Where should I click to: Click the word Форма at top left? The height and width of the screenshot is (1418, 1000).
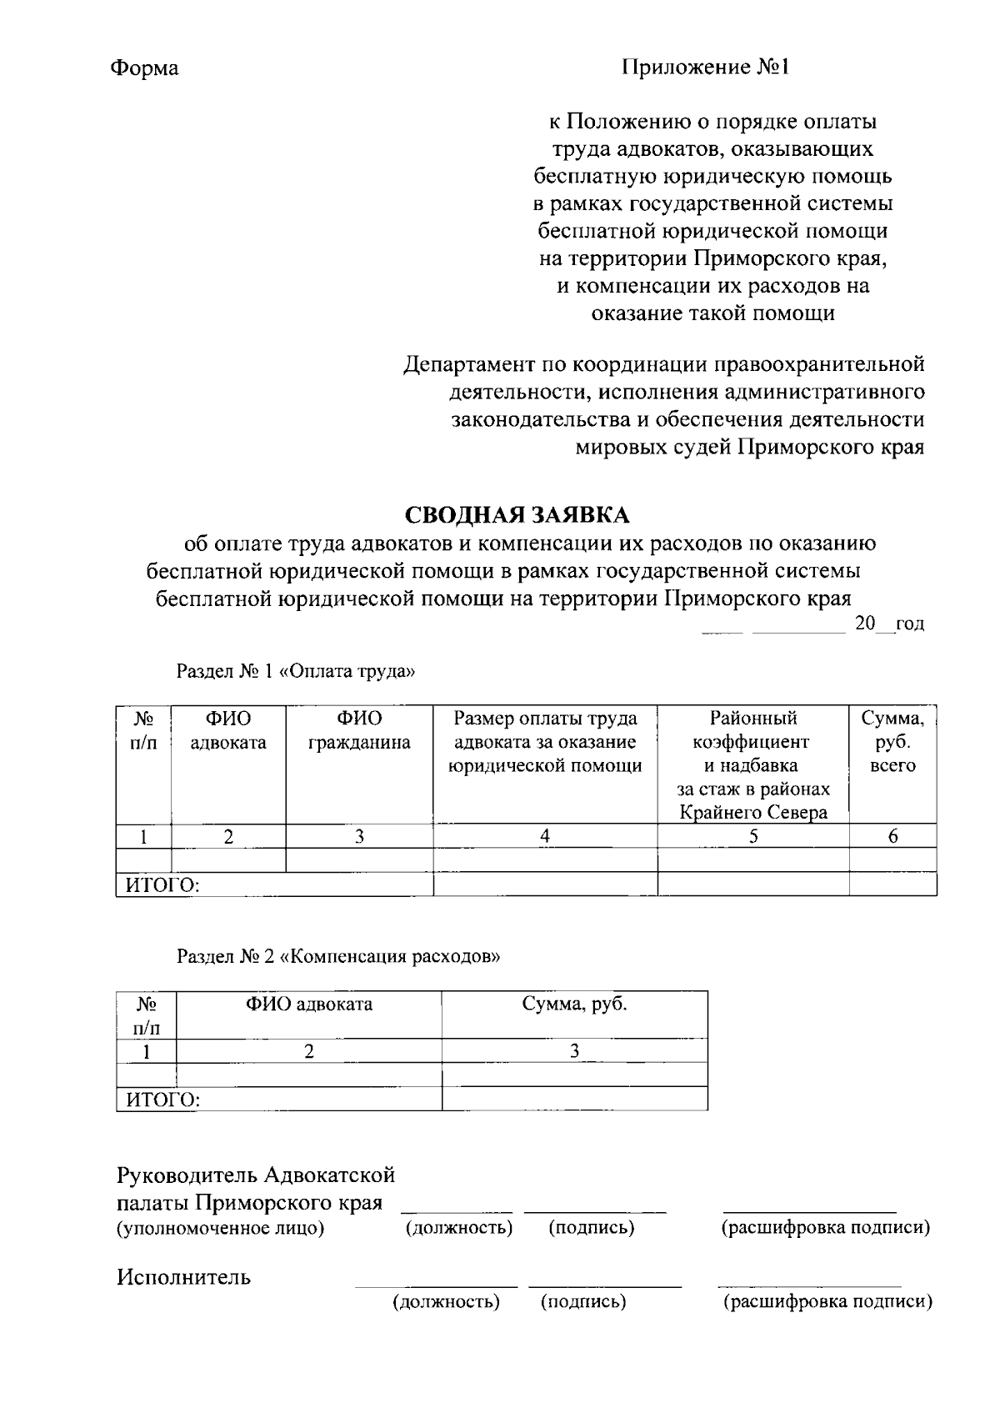144,68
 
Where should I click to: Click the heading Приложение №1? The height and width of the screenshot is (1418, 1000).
705,67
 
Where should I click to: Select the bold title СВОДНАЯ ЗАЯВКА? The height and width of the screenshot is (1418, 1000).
517,515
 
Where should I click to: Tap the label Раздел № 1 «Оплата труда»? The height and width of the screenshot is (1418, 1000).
295,671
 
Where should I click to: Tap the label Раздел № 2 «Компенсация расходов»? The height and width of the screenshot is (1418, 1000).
338,956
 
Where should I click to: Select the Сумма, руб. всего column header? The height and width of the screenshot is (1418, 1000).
892,741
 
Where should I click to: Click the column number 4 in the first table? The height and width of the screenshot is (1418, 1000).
545,836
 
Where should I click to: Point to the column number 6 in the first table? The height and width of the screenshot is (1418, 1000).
892,836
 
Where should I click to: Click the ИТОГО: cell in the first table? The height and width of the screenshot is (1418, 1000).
162,885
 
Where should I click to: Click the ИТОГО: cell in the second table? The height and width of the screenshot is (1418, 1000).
162,1100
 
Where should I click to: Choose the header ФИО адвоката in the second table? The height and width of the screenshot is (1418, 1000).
308,1005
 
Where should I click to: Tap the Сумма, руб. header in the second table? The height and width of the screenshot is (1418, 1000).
574,1005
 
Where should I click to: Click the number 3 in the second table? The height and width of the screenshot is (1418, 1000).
574,1051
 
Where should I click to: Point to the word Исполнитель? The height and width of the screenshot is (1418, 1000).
183,1277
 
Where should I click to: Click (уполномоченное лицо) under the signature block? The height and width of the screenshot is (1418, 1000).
220,1228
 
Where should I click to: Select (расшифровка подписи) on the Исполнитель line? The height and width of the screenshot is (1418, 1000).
827,1302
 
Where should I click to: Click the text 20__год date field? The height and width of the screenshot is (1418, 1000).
889,624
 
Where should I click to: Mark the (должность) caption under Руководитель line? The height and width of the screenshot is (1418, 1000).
458,1228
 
